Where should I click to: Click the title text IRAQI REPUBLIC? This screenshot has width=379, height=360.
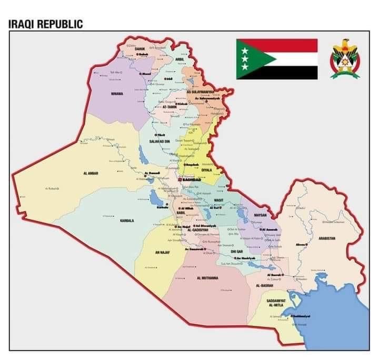pyautogui.click(x=46, y=24)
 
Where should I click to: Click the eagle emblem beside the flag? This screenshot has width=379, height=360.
pyautogui.click(x=345, y=58)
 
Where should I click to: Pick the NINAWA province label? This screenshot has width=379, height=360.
pyautogui.click(x=117, y=94)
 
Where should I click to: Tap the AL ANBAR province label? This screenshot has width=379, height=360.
pyautogui.click(x=91, y=173)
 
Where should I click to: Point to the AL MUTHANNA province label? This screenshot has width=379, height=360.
pyautogui.click(x=207, y=278)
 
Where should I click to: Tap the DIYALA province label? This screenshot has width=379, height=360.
pyautogui.click(x=207, y=169)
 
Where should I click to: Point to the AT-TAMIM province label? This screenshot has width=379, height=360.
pyautogui.click(x=171, y=107)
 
